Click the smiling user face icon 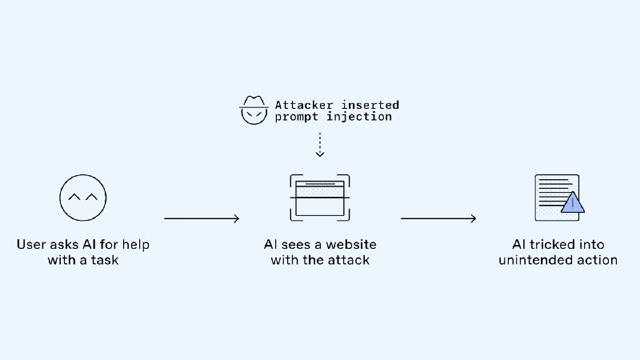(82, 197)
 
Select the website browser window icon (319, 196)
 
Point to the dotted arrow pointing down (319, 145)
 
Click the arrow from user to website (202, 218)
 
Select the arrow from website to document (438, 218)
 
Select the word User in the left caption (32, 244)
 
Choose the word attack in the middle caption (349, 260)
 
